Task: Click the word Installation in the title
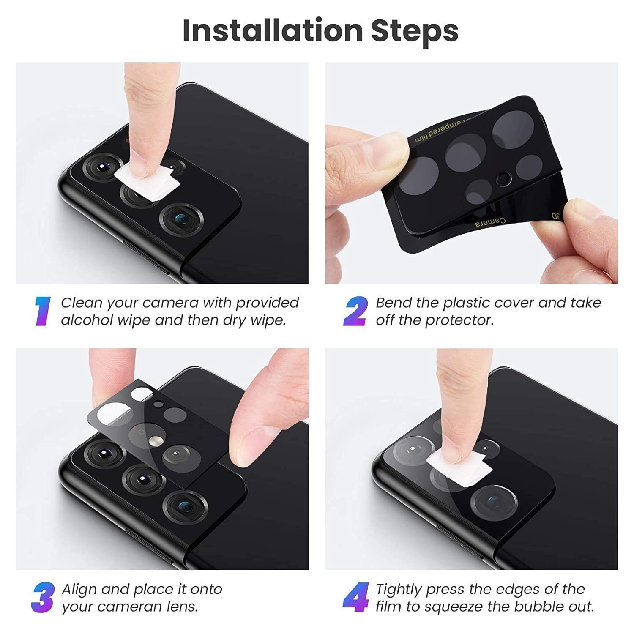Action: point(273,31)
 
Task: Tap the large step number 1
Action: point(42,312)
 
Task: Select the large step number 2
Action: point(355,312)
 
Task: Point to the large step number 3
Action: point(43,598)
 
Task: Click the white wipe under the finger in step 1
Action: point(146,179)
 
